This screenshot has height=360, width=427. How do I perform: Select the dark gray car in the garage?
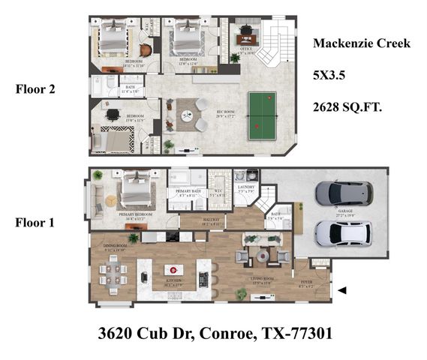pyautogui.click(x=344, y=193)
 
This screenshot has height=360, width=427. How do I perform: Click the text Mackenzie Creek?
pyautogui.click(x=361, y=43)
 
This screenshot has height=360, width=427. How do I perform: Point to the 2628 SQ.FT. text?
pyautogui.click(x=347, y=107)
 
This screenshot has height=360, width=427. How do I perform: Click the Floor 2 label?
pyautogui.click(x=37, y=88)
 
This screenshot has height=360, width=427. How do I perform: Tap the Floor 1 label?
pyautogui.click(x=37, y=222)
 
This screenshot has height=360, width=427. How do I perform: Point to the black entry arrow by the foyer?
pyautogui.click(x=342, y=290)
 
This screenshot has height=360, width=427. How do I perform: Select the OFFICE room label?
pyautogui.click(x=245, y=50)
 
